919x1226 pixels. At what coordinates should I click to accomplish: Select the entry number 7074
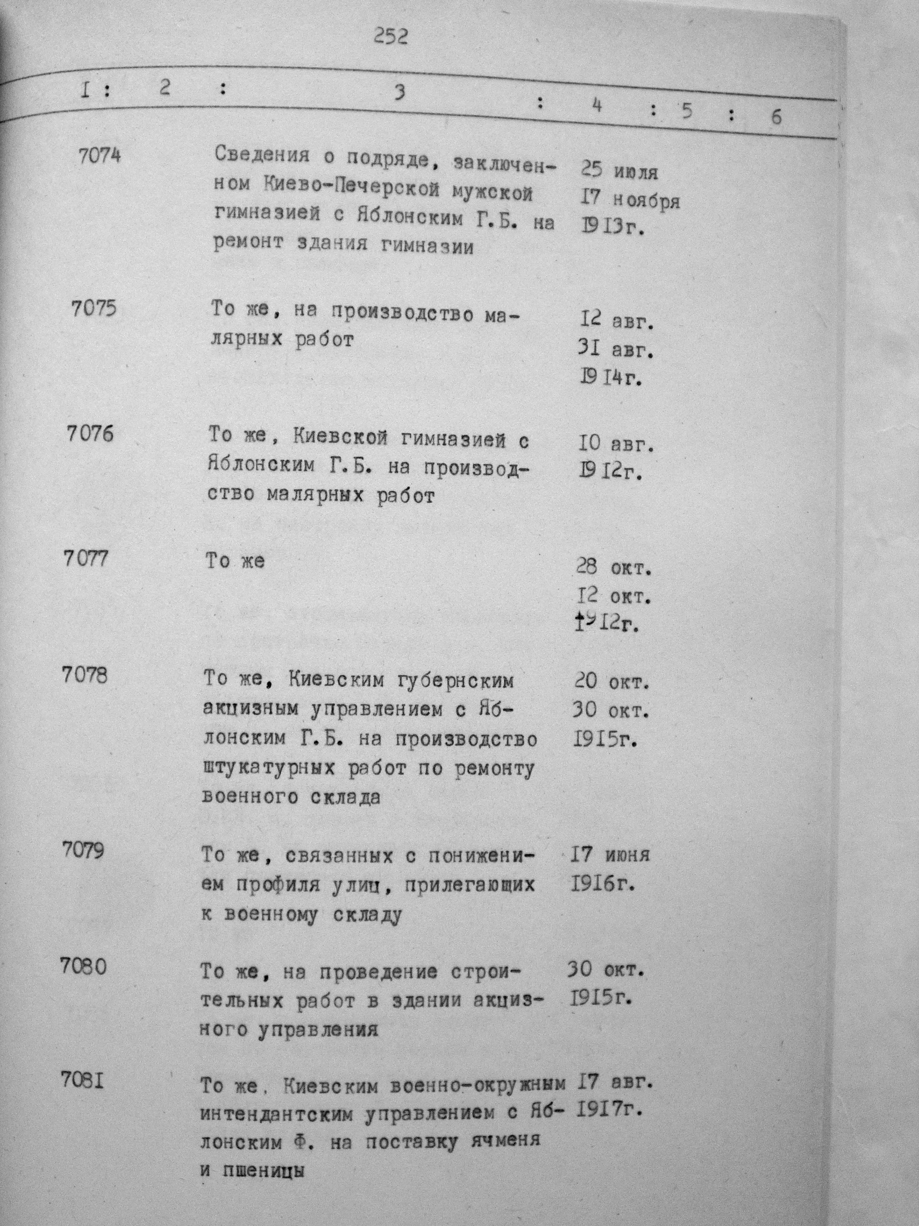100,157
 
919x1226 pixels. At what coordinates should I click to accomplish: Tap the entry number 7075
94,308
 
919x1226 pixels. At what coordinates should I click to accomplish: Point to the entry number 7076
90,433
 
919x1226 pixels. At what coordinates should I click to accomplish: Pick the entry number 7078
84,675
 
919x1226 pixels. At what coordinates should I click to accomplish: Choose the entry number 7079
83,851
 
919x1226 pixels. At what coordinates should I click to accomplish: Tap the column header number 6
776,117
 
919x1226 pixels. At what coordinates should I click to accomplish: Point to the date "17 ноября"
627,200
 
